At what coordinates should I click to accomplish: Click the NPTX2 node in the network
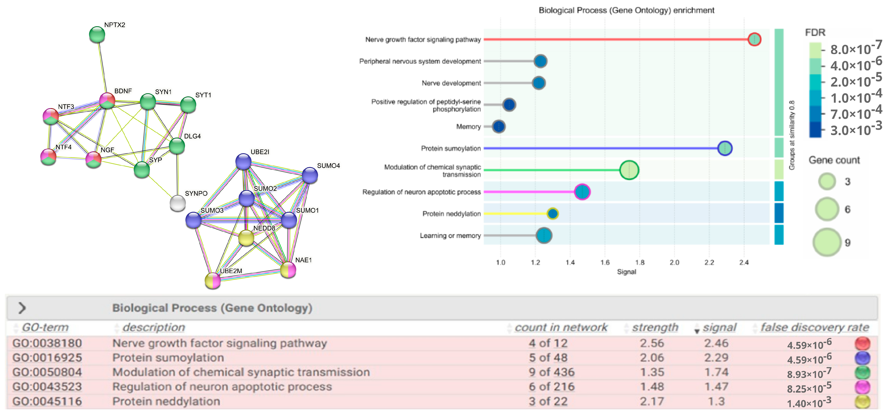coord(97,35)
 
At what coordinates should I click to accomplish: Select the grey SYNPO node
coord(178,203)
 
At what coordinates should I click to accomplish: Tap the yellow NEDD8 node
coord(246,238)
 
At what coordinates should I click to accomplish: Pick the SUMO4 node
coord(310,175)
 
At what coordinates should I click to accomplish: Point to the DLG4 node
coord(177,146)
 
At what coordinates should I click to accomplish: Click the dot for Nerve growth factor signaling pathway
coord(754,39)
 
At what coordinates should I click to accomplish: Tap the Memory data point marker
coord(499,127)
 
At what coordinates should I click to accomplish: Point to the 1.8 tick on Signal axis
coord(639,263)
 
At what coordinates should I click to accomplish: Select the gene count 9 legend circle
coord(827,242)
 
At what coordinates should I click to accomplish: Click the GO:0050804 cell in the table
coord(47,372)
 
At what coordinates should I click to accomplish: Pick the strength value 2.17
coord(651,401)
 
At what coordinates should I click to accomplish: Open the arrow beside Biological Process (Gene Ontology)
coord(22,308)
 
